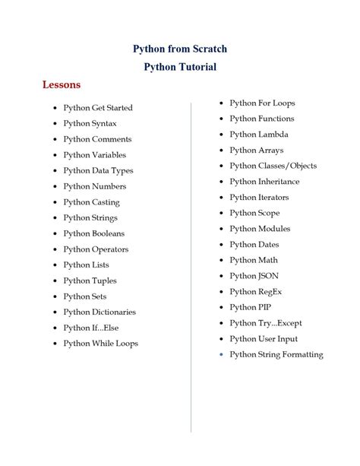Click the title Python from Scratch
pyautogui.click(x=180, y=49)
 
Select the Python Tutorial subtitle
pyautogui.click(x=180, y=67)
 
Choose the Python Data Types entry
pyautogui.click(x=98, y=170)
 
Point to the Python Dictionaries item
pyautogui.click(x=99, y=312)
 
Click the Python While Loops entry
pyautogui.click(x=100, y=344)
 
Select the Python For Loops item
pyautogui.click(x=262, y=103)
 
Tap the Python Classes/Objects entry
pyautogui.click(x=273, y=166)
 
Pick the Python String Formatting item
pyautogui.click(x=276, y=354)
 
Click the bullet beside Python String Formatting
pyautogui.click(x=220, y=355)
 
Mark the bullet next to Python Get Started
pyautogui.click(x=55, y=109)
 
